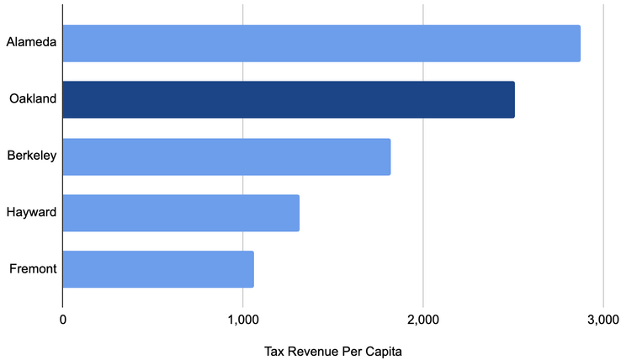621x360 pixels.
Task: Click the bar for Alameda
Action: tap(321, 43)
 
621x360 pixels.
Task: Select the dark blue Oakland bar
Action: tap(288, 99)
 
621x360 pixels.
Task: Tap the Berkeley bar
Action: tap(226, 156)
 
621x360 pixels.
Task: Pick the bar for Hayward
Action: tap(181, 213)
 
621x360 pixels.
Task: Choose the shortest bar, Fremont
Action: tap(158, 269)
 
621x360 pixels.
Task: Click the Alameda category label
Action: tap(31, 43)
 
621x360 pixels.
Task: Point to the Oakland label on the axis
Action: tap(33, 99)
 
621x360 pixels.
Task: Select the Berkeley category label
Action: tap(31, 156)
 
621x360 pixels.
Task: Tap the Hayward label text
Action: tap(31, 213)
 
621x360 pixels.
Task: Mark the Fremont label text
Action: tap(32, 269)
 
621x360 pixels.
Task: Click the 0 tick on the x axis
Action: tap(63, 320)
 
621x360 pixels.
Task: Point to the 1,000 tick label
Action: tap(242, 320)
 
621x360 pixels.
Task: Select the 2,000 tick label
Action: tap(422, 320)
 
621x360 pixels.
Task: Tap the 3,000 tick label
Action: tap(602, 320)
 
